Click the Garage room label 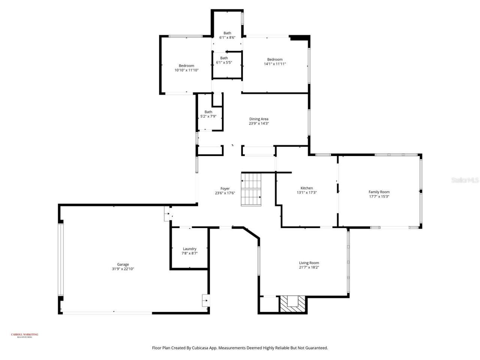(x=123, y=264)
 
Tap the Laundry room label (x=189, y=249)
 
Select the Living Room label (x=309, y=263)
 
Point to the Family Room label (x=379, y=192)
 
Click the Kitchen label (x=306, y=188)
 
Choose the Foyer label (x=225, y=189)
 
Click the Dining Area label (x=259, y=119)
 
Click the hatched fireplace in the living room (x=293, y=303)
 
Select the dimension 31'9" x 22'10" (x=123, y=269)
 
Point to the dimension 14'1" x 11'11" (x=274, y=64)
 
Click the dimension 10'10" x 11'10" (x=186, y=70)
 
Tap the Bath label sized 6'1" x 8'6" (x=227, y=33)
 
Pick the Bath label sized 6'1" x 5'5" (x=224, y=58)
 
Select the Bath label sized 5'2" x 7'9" (x=208, y=112)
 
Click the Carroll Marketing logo (x=24, y=335)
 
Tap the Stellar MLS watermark (x=465, y=180)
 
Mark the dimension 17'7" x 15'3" (x=379, y=196)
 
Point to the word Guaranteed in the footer (x=316, y=348)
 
